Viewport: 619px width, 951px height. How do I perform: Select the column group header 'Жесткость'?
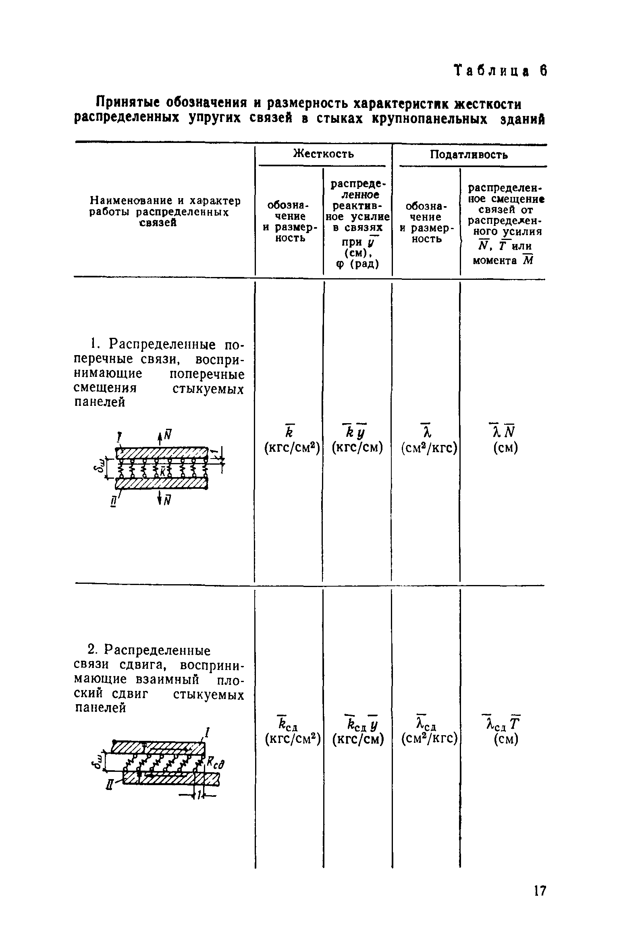click(x=323, y=154)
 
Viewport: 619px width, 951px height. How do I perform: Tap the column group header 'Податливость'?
click(x=469, y=155)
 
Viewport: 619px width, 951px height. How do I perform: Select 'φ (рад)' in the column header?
click(x=357, y=264)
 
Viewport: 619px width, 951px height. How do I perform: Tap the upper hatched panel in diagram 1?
click(x=161, y=452)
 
